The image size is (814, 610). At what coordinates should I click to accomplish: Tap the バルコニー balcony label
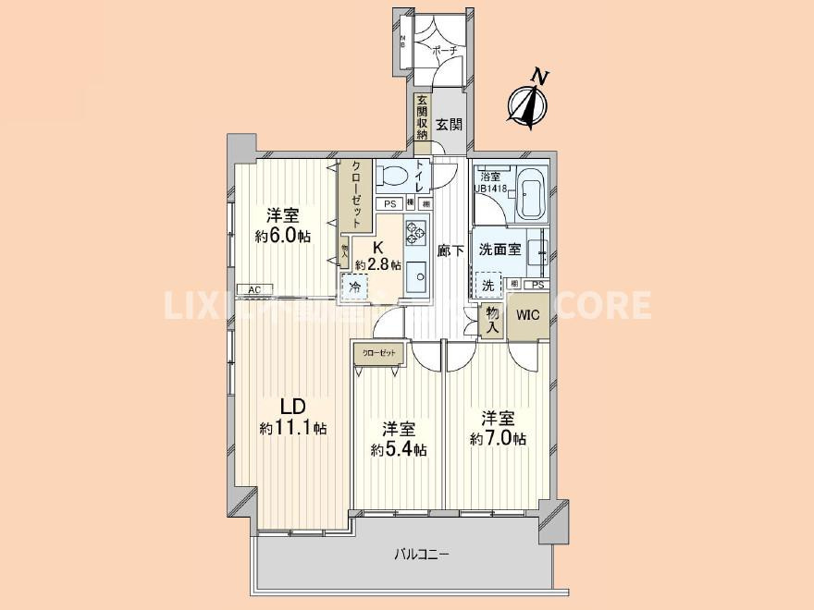[422, 555]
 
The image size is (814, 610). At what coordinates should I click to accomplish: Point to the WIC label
[527, 315]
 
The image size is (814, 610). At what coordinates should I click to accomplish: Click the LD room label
[292, 407]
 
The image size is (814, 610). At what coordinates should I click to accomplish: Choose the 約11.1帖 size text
[292, 428]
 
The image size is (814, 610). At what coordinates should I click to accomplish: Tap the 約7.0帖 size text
[498, 439]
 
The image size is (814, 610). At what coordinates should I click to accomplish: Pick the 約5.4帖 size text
[399, 450]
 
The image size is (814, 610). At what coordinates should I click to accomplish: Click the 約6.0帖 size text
[283, 236]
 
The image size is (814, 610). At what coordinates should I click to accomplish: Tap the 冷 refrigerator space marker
[353, 287]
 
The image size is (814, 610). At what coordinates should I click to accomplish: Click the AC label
[253, 290]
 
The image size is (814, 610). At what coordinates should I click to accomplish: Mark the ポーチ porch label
[445, 53]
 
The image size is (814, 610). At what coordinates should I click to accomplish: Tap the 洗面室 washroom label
[499, 249]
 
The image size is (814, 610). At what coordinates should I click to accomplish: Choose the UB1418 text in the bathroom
[490, 189]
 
